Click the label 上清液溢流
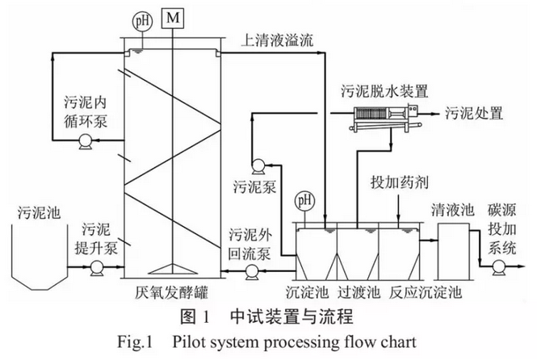(280, 38)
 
